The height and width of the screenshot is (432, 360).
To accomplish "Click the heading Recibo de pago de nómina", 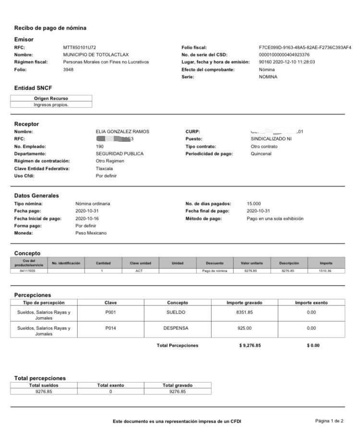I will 50,28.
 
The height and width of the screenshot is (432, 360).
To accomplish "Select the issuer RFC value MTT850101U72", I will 80,48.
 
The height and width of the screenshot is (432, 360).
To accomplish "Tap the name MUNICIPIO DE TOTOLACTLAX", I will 96,55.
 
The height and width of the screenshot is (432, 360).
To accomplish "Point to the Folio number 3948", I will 68,70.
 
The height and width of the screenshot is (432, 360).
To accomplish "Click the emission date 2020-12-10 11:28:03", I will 287,62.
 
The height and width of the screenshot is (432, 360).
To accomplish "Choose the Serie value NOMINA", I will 268,77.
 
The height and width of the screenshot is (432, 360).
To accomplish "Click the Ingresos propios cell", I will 51,105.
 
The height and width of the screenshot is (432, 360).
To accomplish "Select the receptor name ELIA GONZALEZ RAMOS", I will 122,132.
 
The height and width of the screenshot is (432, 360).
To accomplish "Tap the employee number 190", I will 100,147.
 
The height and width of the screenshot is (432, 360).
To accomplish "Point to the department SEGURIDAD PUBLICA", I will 120,154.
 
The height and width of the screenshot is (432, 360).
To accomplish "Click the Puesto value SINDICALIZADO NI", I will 271,139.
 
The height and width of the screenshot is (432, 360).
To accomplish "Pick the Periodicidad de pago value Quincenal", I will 261,154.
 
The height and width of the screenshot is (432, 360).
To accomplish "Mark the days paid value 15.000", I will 254,204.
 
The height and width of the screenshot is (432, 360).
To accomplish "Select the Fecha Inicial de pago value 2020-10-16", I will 87,219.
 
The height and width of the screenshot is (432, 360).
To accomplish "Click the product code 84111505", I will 29,271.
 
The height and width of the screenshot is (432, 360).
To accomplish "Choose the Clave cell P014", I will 110,328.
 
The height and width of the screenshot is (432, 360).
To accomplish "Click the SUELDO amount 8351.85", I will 244,312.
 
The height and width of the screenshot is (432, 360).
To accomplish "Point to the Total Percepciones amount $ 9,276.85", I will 250,346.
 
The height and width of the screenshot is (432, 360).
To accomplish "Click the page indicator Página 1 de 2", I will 329,421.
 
